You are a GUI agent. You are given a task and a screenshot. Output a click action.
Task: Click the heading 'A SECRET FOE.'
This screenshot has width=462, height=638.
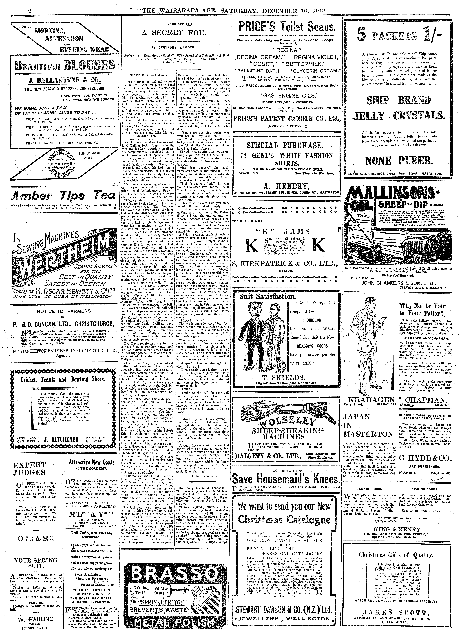tap(174, 32)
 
